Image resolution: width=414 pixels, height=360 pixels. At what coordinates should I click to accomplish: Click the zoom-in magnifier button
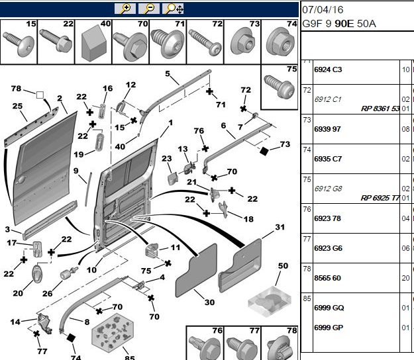click(125, 9)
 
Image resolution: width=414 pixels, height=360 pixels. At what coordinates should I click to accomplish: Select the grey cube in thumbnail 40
click(94, 46)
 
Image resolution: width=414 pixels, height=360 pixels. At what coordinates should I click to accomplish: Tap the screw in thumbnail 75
click(279, 86)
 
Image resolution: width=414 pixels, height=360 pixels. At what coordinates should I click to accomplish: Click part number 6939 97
click(327, 129)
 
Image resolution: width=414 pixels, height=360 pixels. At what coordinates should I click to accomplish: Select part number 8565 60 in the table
click(327, 278)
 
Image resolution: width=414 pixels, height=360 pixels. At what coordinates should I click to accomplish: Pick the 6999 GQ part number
click(329, 308)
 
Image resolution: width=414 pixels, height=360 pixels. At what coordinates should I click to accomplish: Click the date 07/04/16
click(323, 10)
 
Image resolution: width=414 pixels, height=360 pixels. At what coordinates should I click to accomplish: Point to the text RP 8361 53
click(380, 109)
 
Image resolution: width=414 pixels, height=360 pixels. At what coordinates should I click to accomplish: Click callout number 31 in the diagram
click(280, 227)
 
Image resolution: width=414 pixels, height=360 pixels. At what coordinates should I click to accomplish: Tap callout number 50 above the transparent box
click(283, 265)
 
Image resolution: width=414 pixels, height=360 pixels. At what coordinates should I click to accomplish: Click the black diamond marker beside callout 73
click(264, 151)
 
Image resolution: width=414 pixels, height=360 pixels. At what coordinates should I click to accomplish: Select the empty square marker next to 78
click(40, 95)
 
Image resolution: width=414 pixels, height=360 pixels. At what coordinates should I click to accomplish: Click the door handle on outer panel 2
click(21, 180)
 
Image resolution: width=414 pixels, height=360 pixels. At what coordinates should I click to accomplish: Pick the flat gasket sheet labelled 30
click(196, 271)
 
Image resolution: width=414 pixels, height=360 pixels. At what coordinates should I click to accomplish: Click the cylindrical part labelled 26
click(69, 273)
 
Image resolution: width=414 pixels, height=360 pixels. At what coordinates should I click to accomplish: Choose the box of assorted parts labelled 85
click(113, 333)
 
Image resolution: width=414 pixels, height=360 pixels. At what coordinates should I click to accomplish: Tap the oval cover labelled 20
click(36, 275)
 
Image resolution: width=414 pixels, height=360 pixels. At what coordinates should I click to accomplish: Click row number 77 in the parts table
click(307, 239)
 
